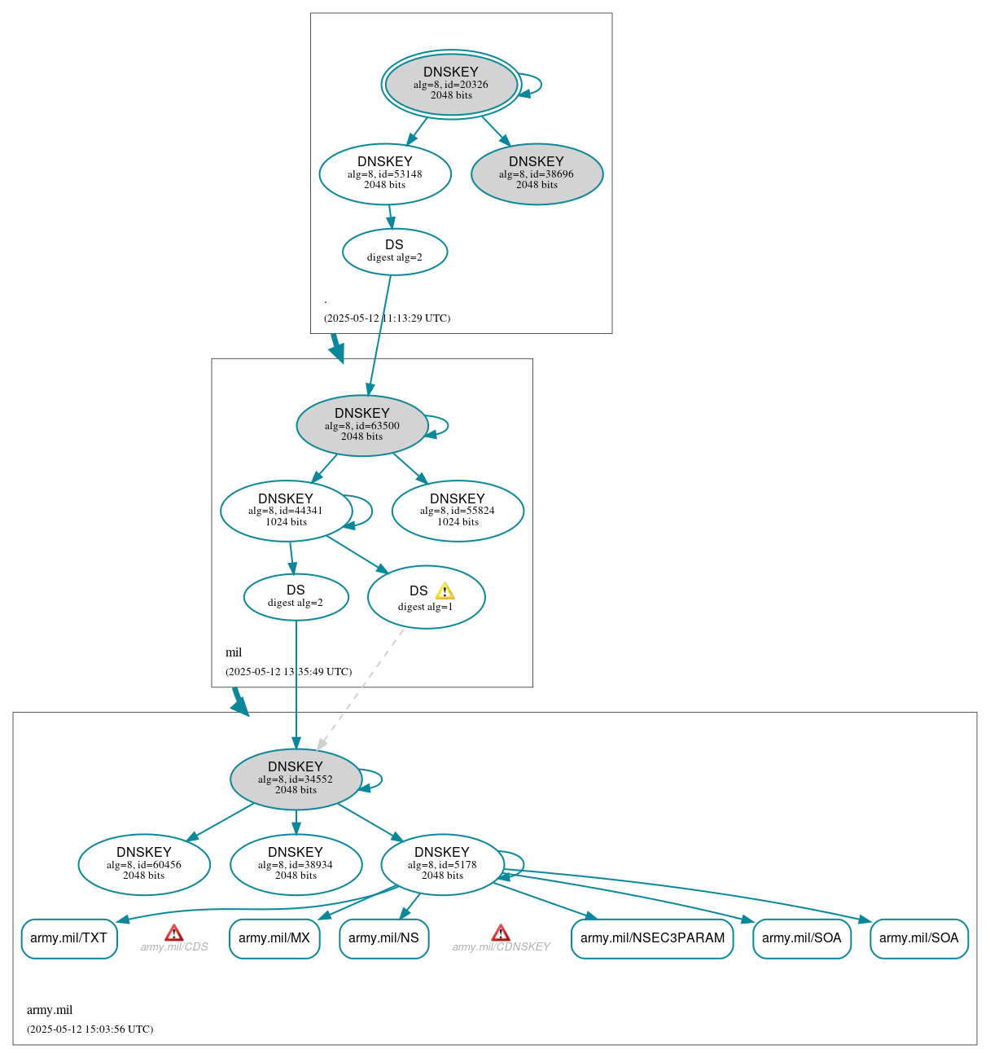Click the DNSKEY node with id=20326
click(x=451, y=84)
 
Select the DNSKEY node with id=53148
click(x=385, y=173)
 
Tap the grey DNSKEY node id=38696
click(x=537, y=173)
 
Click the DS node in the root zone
click(x=395, y=252)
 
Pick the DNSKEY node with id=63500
click(x=362, y=425)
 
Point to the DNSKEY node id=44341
click(x=286, y=511)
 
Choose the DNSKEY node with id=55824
click(x=458, y=511)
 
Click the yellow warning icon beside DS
click(x=445, y=591)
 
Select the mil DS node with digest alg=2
click(x=296, y=597)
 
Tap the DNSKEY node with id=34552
click(x=296, y=779)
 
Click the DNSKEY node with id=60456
click(x=144, y=864)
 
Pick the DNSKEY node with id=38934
click(x=296, y=864)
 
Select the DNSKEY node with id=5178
click(x=442, y=864)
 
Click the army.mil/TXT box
click(x=69, y=938)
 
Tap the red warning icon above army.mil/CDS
click(x=173, y=933)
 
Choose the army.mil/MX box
click(x=274, y=938)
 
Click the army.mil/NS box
click(x=383, y=938)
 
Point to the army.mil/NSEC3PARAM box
click(x=652, y=938)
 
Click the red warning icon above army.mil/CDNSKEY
click(x=501, y=933)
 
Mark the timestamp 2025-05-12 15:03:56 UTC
click(x=90, y=1029)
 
